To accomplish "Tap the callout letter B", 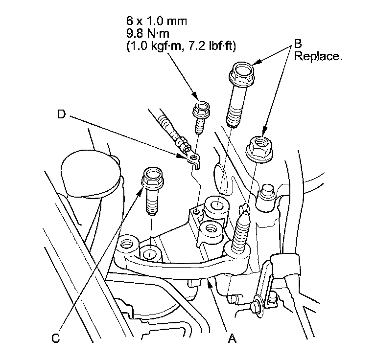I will (297, 44).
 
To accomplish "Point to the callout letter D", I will (61, 115).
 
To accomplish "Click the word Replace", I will (318, 56).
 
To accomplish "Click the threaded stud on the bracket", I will (241, 232).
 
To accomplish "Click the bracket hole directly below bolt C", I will (151, 253).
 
